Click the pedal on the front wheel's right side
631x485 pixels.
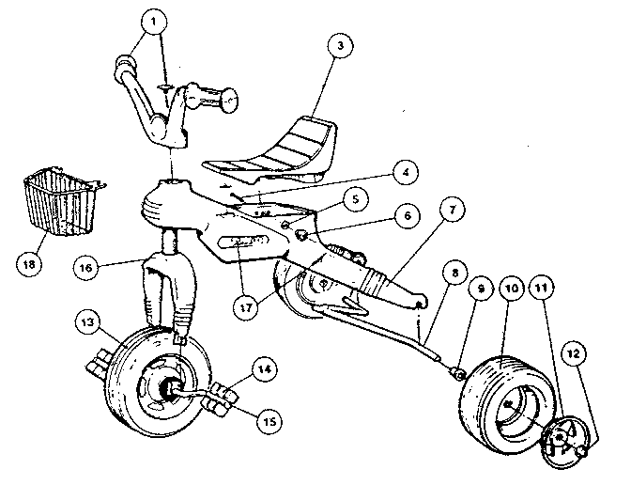tap(222, 395)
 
